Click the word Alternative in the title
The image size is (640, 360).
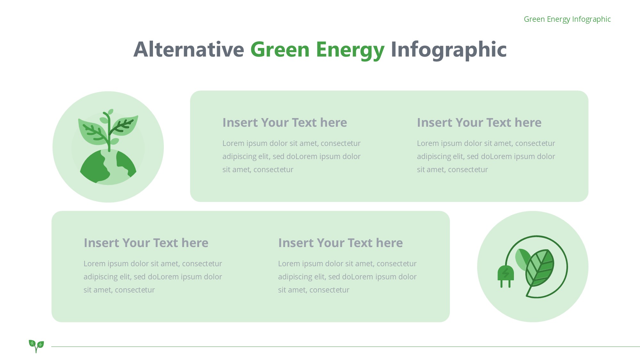189,50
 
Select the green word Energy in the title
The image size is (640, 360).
350,51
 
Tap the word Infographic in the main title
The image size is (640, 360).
449,50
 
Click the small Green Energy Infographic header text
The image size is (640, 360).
567,19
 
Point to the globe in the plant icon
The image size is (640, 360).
108,167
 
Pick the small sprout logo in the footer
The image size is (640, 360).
36,346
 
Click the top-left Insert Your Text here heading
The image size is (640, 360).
284,123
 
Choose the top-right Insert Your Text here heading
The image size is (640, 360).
479,123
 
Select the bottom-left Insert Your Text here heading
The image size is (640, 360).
146,243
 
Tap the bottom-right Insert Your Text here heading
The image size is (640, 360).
340,243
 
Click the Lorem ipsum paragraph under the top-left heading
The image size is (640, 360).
292,156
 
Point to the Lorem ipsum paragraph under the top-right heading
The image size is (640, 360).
486,156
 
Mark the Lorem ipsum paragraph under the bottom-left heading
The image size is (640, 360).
153,277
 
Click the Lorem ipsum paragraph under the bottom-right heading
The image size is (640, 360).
347,277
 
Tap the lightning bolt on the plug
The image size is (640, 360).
506,273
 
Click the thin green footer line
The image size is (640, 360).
346,347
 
